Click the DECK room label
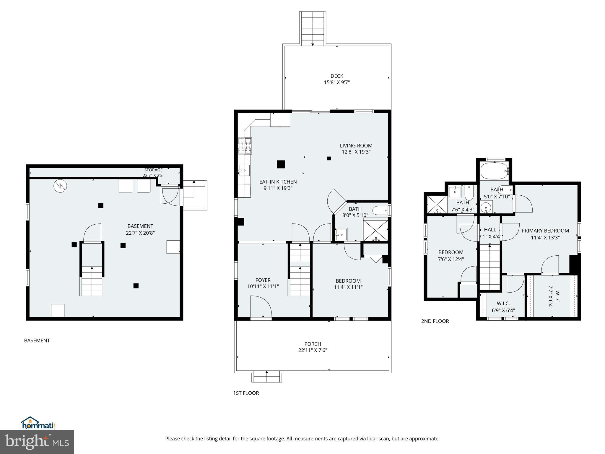click(x=337, y=76)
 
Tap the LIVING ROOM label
click(x=356, y=145)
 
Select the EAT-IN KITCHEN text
click(x=278, y=182)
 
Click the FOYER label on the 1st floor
click(x=263, y=280)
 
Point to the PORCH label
click(x=313, y=344)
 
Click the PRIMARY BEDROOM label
click(x=545, y=231)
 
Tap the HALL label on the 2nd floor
click(x=490, y=230)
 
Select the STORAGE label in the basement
click(x=153, y=170)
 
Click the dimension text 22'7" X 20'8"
click(x=140, y=233)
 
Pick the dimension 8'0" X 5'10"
click(x=355, y=215)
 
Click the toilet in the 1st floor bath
click(x=380, y=210)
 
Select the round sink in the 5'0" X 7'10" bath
click(x=486, y=207)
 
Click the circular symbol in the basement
click(x=60, y=186)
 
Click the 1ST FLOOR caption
click(x=246, y=393)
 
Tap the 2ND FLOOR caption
click(x=435, y=321)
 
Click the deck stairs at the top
click(x=313, y=29)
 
